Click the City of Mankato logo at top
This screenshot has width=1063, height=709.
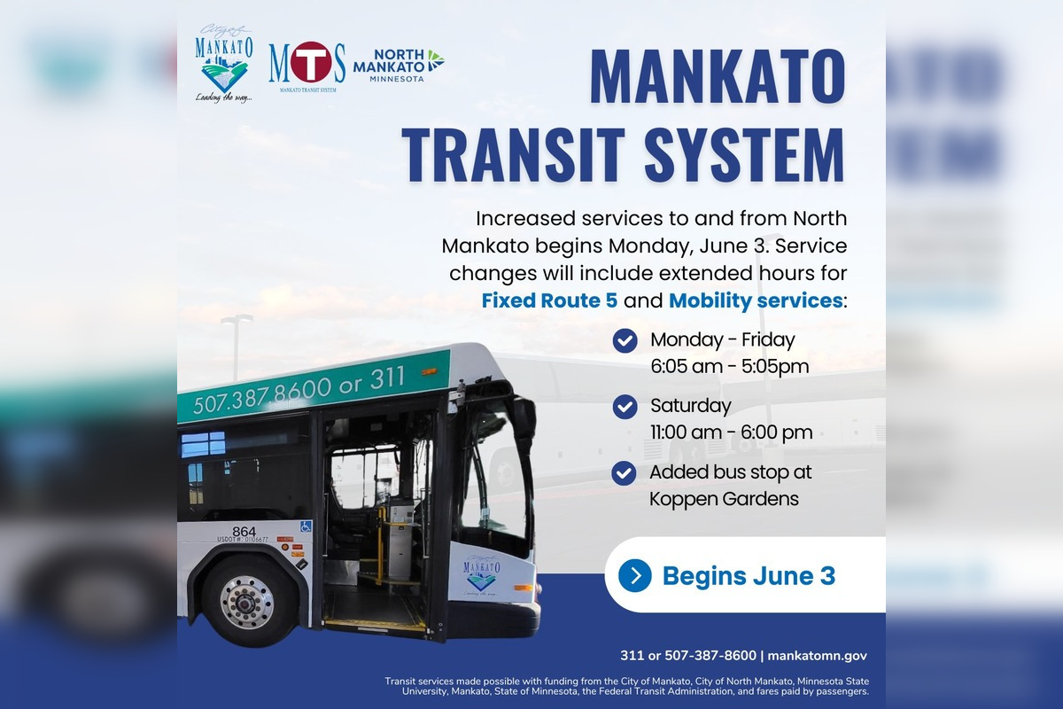(x=223, y=62)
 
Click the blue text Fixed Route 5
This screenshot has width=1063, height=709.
(x=549, y=300)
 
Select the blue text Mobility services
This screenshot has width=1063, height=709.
(x=755, y=300)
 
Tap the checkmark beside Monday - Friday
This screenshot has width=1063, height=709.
(x=625, y=340)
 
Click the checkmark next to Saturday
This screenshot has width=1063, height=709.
(x=625, y=407)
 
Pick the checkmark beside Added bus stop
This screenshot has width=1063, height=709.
(x=625, y=473)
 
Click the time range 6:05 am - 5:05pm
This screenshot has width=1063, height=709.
(x=729, y=366)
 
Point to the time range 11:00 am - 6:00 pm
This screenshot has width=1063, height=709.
(x=731, y=432)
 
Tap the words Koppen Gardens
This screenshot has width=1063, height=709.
(x=724, y=499)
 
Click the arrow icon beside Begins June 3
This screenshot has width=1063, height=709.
(x=635, y=575)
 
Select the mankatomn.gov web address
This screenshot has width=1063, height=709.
(x=817, y=656)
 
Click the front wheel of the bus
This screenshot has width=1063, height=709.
(x=246, y=601)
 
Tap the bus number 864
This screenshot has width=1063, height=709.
(x=244, y=532)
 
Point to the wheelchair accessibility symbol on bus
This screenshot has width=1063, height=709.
(x=306, y=526)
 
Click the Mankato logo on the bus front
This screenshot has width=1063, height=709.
(x=481, y=573)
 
